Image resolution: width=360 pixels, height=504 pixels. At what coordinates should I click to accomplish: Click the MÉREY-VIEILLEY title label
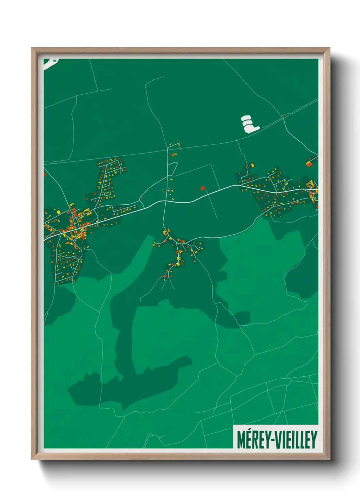point(277,440)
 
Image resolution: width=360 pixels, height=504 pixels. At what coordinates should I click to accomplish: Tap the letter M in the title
point(241,440)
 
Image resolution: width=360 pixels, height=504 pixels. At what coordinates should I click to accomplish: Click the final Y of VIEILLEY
point(314,440)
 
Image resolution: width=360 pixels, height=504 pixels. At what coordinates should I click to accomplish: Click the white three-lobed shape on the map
point(249,124)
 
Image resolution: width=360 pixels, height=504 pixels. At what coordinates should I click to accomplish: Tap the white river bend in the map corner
point(50,63)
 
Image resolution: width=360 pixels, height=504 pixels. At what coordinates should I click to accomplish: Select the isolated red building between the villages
point(203,188)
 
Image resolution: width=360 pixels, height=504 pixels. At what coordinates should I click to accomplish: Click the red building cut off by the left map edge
point(45,175)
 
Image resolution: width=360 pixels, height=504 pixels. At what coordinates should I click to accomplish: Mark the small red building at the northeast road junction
point(283,116)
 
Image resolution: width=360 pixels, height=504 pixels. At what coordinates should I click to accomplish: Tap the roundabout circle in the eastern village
point(310,185)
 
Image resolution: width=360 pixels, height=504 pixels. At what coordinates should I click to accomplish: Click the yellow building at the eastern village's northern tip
point(252,166)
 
